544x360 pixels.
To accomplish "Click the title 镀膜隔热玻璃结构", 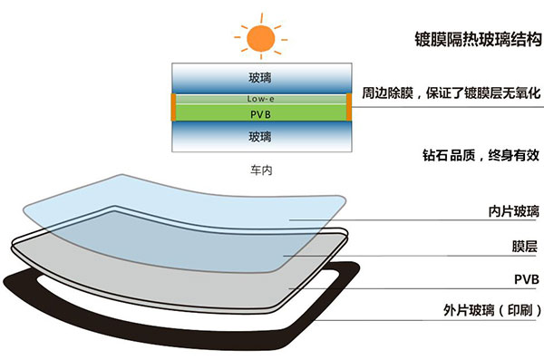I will click(x=471, y=39).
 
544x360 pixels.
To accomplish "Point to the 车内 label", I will click(x=261, y=170).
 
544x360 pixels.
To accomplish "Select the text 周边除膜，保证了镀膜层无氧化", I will click(x=451, y=93).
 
